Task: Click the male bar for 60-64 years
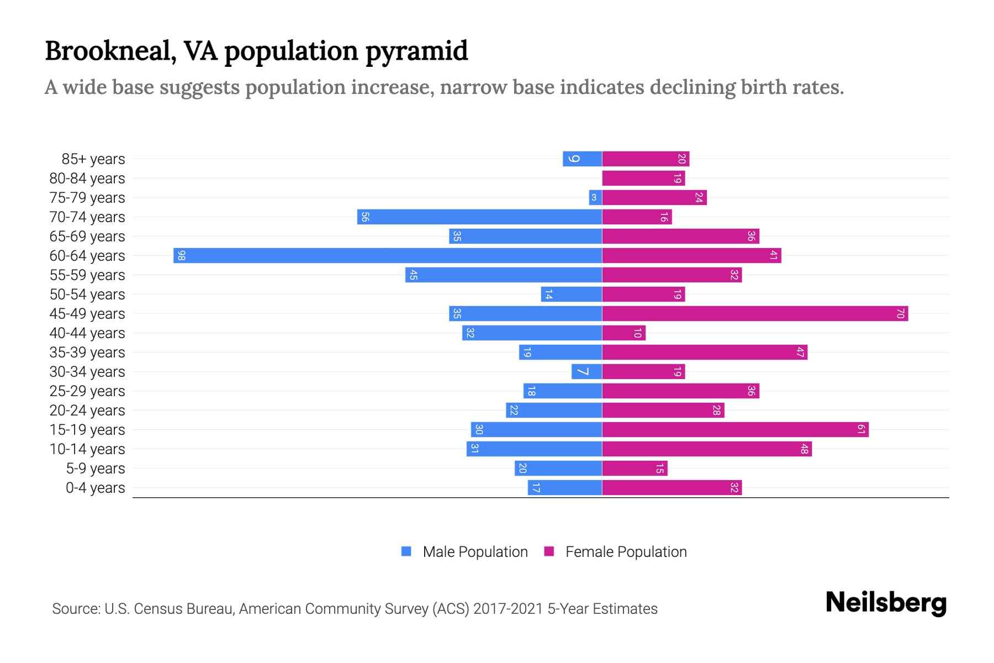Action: tap(387, 255)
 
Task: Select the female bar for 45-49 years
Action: tap(754, 313)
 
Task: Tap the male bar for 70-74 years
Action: tap(479, 217)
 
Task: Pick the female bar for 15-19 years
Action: tap(734, 429)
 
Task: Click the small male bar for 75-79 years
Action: tap(595, 197)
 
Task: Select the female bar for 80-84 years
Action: tap(643, 178)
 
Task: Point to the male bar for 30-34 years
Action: tap(586, 371)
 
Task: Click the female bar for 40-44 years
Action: tap(623, 333)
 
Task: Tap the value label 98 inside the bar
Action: tap(181, 255)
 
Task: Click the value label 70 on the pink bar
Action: tap(900, 313)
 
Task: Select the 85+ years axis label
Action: tap(93, 159)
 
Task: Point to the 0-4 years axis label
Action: tap(95, 488)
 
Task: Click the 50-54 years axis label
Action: tap(87, 294)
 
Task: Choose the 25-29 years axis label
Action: tap(87, 391)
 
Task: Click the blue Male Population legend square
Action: tap(406, 551)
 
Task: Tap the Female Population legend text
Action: tap(626, 551)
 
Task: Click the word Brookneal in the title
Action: tap(110, 51)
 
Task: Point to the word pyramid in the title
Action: tap(416, 51)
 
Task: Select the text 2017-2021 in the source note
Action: tap(508, 609)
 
